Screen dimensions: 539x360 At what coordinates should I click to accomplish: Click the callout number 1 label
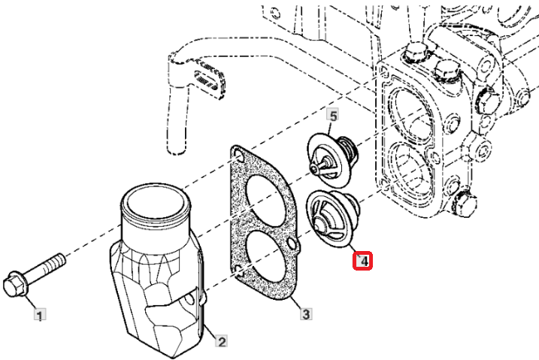pos(40,315)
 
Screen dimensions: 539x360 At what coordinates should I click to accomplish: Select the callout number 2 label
pos(222,341)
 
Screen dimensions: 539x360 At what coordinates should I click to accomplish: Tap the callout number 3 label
pos(306,313)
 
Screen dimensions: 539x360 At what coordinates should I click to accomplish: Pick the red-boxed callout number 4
pos(362,261)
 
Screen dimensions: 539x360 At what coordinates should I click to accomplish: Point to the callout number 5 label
pos(333,116)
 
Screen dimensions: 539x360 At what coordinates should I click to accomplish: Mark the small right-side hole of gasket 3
pos(292,244)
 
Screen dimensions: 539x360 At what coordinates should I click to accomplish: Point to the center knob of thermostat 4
pos(320,225)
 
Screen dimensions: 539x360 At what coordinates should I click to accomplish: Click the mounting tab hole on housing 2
pos(189,301)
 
